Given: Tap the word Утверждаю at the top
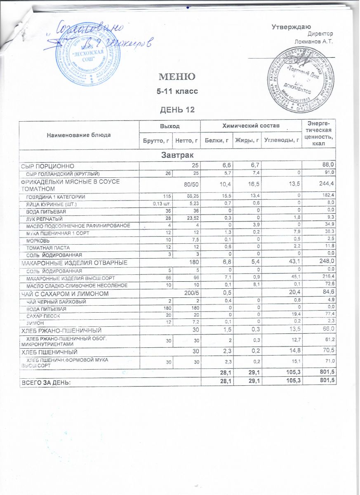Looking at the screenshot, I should click(x=288, y=27).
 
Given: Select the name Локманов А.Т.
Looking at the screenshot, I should click(x=314, y=41).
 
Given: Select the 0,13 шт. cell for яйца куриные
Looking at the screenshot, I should click(x=162, y=204).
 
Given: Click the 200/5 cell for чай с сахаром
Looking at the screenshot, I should click(x=191, y=294).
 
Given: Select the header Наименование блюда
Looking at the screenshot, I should click(x=79, y=135).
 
